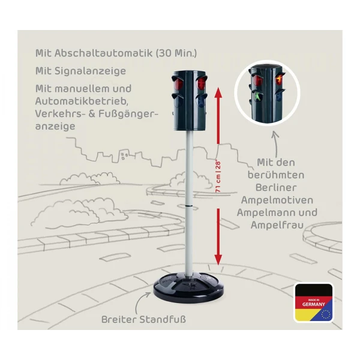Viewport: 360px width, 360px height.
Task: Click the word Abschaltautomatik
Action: coord(104,53)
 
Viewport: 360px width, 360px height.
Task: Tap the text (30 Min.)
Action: coord(176,53)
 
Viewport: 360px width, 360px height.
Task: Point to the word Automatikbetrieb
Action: coord(82,101)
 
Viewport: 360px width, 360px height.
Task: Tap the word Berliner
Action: coord(276,187)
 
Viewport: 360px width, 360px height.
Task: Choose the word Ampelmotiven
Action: coord(277,200)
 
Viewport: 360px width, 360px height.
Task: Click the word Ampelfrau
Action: coord(277,225)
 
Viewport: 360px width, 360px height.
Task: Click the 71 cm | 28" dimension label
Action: coord(218,176)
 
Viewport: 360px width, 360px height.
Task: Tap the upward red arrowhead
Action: coord(218,92)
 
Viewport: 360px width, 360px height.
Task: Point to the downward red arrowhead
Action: coord(218,260)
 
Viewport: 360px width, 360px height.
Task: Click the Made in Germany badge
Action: coord(314,302)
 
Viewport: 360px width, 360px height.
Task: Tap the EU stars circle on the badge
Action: coord(326,314)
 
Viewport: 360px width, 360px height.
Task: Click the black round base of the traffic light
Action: coord(188,287)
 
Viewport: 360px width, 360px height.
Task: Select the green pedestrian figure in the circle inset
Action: coord(259,97)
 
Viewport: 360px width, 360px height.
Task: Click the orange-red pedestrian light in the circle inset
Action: coord(280,79)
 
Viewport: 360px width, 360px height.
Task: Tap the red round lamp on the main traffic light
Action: coord(178,83)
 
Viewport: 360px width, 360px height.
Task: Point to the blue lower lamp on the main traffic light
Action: coord(201,100)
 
